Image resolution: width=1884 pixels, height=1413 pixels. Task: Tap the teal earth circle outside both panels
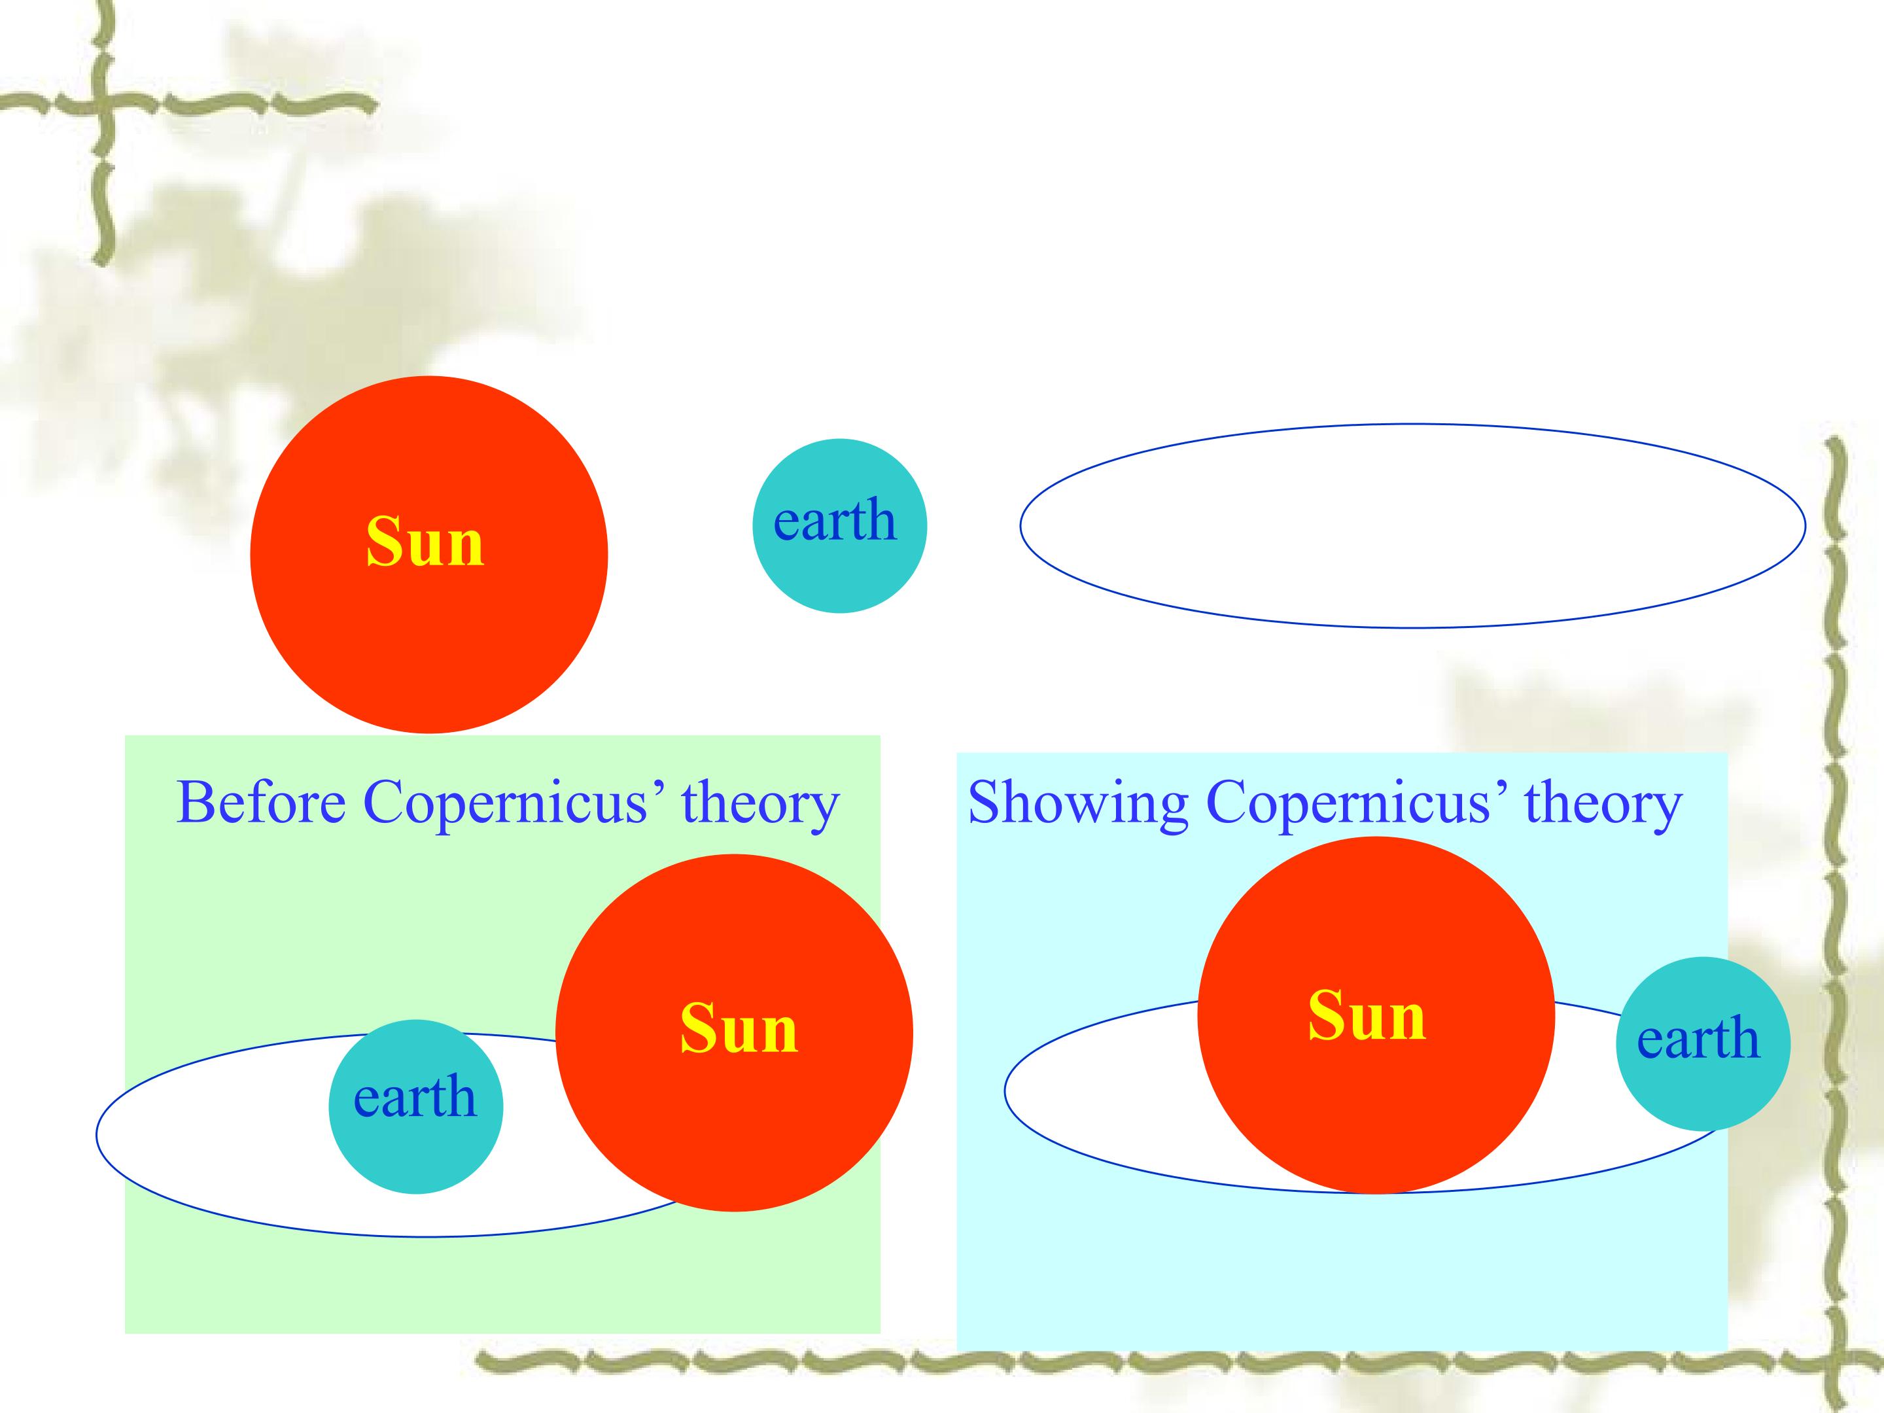click(x=840, y=525)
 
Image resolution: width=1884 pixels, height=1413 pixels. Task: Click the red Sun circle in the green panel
click(x=734, y=1032)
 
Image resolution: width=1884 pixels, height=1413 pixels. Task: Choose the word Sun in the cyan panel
click(x=1367, y=1015)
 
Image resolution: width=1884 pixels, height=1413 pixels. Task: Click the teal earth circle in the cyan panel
click(x=1703, y=1043)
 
